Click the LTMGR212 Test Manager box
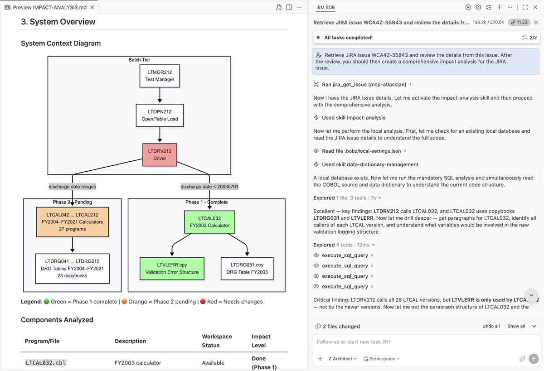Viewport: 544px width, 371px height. [160, 76]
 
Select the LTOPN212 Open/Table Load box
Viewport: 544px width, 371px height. [160, 115]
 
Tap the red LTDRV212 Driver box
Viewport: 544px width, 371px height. [160, 154]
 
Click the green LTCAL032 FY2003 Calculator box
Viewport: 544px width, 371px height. [209, 222]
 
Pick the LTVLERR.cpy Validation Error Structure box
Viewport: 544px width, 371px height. [172, 268]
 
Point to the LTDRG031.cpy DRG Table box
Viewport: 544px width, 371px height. [247, 268]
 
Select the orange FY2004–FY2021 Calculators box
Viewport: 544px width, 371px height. [73, 222]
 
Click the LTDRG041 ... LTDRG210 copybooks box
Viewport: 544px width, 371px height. [73, 268]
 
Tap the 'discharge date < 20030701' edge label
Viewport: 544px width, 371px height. [209, 186]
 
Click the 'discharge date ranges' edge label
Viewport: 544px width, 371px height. [73, 186]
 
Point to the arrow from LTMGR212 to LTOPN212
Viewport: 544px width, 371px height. [160, 95]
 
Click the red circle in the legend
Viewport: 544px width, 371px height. [203, 301]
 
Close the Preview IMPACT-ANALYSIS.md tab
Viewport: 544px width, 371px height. [92, 7]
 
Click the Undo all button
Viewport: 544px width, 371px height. [491, 326]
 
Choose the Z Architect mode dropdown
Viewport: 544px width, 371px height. [342, 359]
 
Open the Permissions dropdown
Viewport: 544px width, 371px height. [381, 359]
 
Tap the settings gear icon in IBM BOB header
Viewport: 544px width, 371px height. [478, 7]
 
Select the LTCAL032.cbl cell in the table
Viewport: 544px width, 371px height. [46, 362]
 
